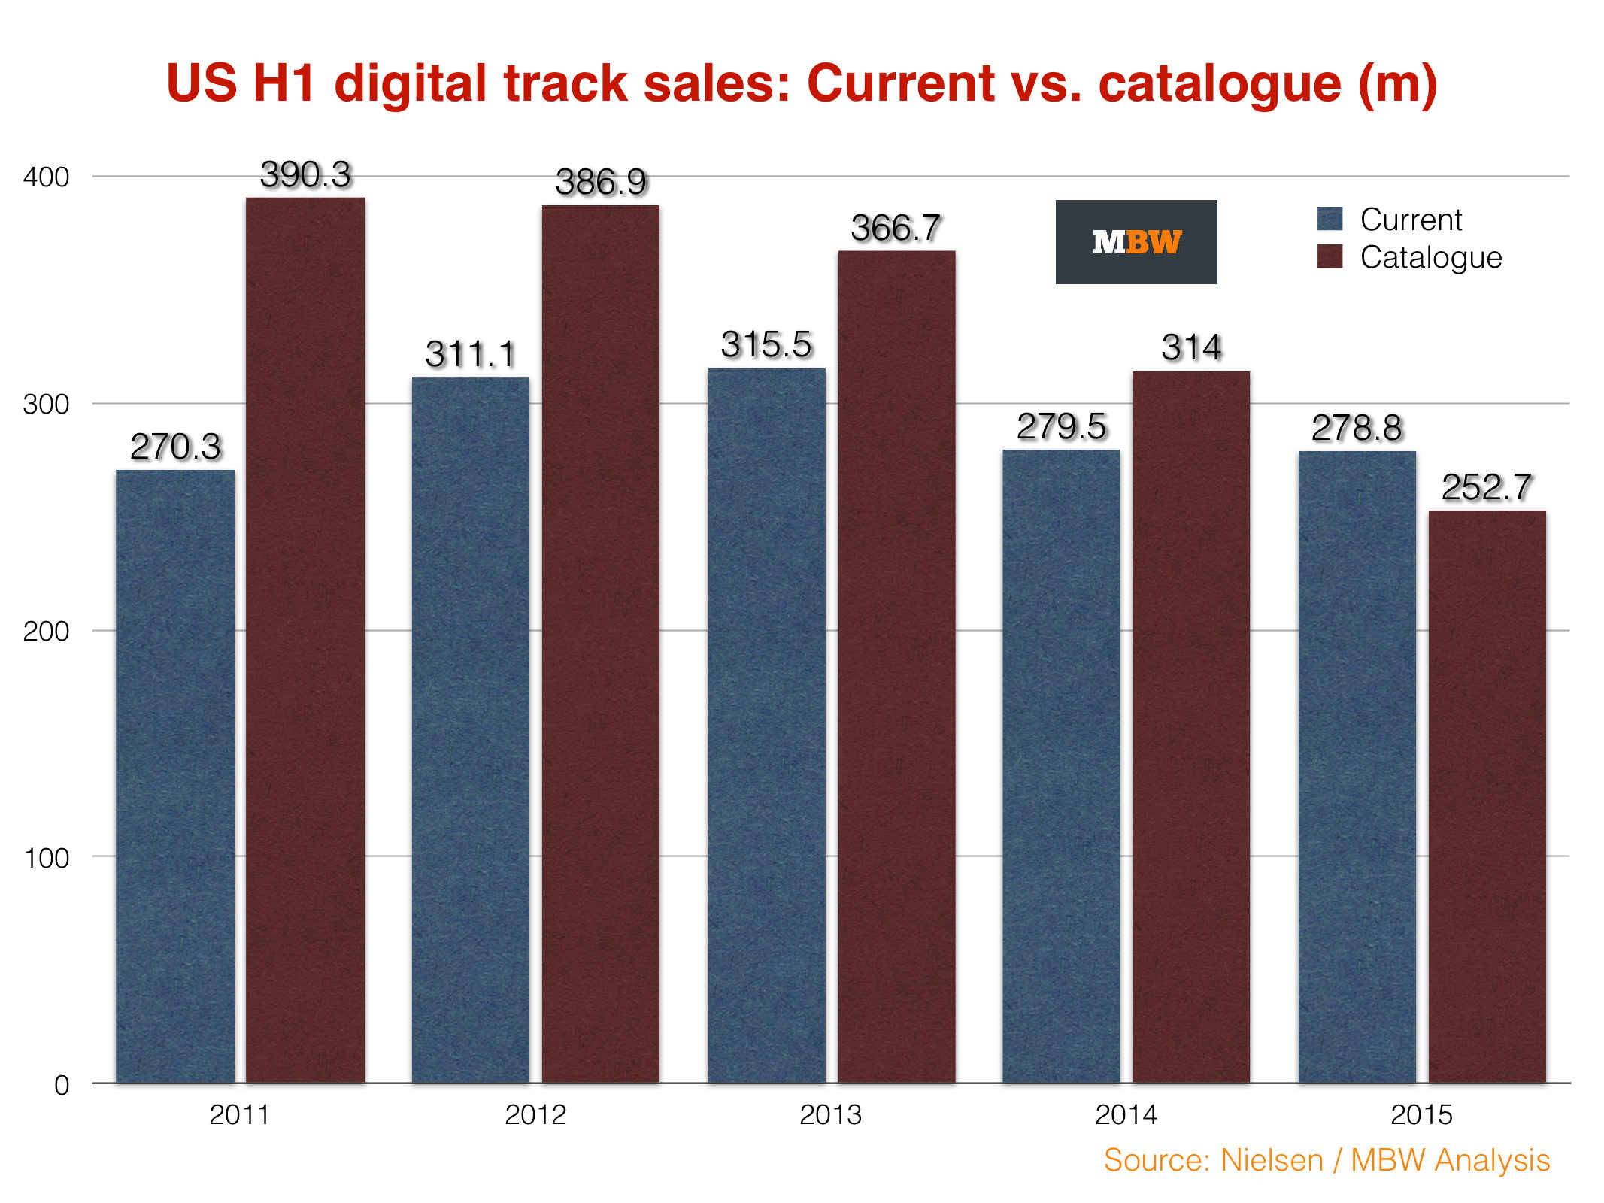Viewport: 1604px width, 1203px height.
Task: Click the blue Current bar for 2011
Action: pyautogui.click(x=175, y=774)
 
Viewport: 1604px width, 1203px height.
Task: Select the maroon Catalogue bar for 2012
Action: pyautogui.click(x=601, y=643)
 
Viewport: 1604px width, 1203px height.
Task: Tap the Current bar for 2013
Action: pyautogui.click(x=766, y=726)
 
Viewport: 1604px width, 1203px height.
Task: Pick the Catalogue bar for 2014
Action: pyautogui.click(x=1191, y=726)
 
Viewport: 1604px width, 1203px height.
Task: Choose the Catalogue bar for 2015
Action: pyautogui.click(x=1487, y=797)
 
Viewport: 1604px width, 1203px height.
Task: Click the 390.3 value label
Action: pyautogui.click(x=305, y=175)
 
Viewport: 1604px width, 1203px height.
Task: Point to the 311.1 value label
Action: pyautogui.click(x=471, y=354)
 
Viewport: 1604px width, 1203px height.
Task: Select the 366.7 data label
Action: pyautogui.click(x=896, y=228)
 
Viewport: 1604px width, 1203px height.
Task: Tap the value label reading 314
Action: pyautogui.click(x=1191, y=347)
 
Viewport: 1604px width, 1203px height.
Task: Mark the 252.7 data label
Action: pyautogui.click(x=1486, y=487)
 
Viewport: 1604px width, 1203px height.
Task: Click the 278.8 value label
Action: pyautogui.click(x=1357, y=428)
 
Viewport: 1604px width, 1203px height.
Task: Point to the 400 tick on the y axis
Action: pyautogui.click(x=46, y=177)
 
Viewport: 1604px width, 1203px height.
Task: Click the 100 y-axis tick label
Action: pyautogui.click(x=47, y=858)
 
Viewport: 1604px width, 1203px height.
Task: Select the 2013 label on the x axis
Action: pyautogui.click(x=830, y=1114)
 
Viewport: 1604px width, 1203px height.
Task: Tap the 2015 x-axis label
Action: pyautogui.click(x=1421, y=1114)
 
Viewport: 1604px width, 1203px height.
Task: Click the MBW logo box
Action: pyautogui.click(x=1136, y=242)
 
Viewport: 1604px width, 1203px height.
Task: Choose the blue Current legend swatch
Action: pyautogui.click(x=1330, y=219)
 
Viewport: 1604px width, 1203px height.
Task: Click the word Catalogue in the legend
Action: pyautogui.click(x=1430, y=257)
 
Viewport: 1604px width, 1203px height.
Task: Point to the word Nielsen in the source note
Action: pyautogui.click(x=1272, y=1160)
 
